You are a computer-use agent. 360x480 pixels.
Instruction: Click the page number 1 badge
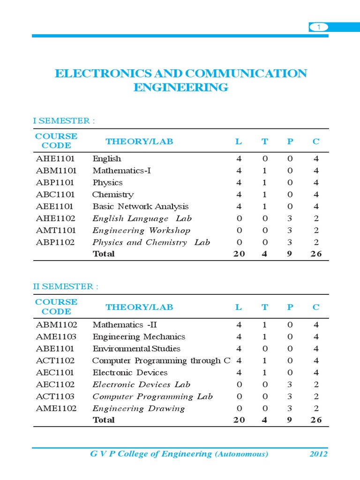pyautogui.click(x=319, y=28)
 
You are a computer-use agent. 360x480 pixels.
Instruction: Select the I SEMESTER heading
pyautogui.click(x=64, y=121)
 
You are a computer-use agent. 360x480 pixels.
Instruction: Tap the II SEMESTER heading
pyautogui.click(x=66, y=286)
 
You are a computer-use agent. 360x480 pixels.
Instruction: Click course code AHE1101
pyautogui.click(x=55, y=158)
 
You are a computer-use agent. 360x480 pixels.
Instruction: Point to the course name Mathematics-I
pyautogui.click(x=121, y=171)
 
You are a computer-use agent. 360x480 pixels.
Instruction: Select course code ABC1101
pyautogui.click(x=55, y=195)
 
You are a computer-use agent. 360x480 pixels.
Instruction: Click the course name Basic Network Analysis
pyautogui.click(x=140, y=206)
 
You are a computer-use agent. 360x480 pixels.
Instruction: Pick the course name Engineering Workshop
pyautogui.click(x=141, y=230)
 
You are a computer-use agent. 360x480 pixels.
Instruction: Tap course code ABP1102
pyautogui.click(x=55, y=242)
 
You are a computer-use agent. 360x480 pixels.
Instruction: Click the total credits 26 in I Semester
pyautogui.click(x=316, y=254)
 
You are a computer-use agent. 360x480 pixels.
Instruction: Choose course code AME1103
pyautogui.click(x=56, y=337)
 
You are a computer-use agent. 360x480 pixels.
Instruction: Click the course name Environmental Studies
pyautogui.click(x=136, y=349)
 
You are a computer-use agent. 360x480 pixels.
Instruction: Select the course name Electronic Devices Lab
pyautogui.click(x=141, y=384)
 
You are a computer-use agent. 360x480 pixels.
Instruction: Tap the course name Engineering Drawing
pyautogui.click(x=138, y=408)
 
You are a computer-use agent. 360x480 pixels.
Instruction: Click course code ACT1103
pyautogui.click(x=56, y=397)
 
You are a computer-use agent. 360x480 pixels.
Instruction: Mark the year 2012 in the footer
pyautogui.click(x=318, y=454)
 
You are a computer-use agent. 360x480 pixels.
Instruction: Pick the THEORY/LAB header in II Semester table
pyautogui.click(x=139, y=307)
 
